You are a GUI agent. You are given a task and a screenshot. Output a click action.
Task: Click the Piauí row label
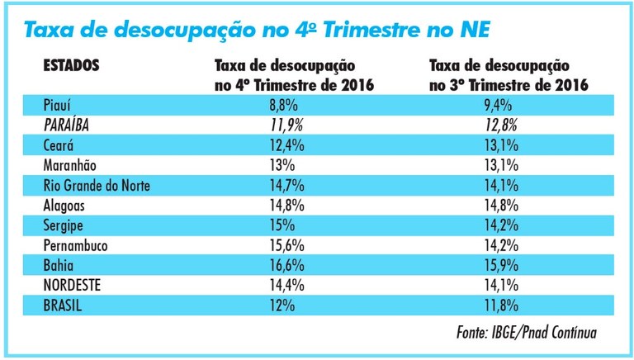click(x=58, y=105)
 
